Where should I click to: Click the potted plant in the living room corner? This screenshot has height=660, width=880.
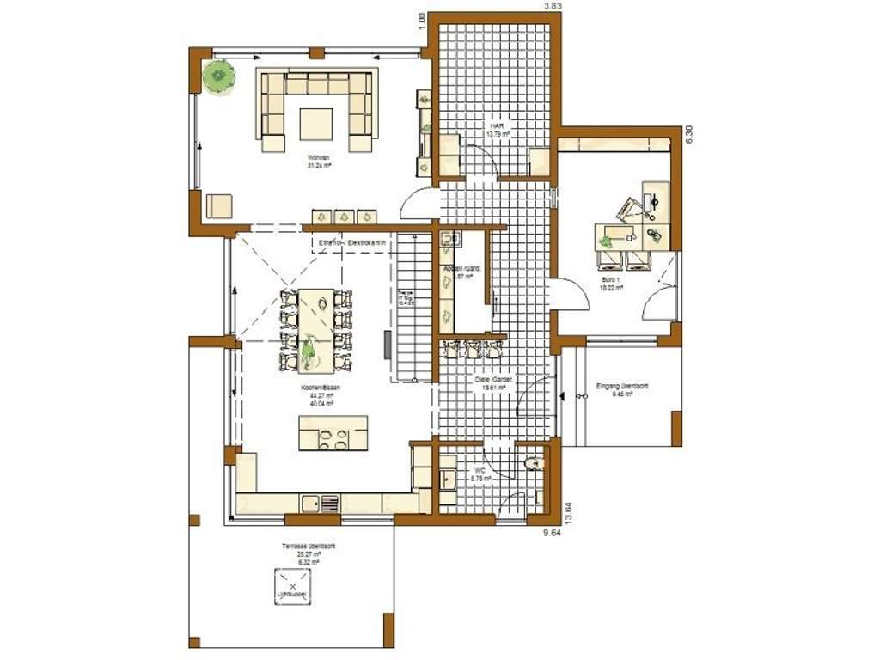coord(220,77)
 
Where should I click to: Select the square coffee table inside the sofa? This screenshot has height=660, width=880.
coord(315,122)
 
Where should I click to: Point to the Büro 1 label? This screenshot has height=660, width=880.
coord(612,285)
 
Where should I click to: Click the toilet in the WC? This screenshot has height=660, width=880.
coord(533,465)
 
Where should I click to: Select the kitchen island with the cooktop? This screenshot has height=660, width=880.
coord(333,433)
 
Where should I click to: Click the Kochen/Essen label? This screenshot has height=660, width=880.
coord(320,392)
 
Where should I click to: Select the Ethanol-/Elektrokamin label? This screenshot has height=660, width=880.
coord(353,244)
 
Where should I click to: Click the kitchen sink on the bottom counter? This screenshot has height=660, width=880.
coord(329,504)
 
